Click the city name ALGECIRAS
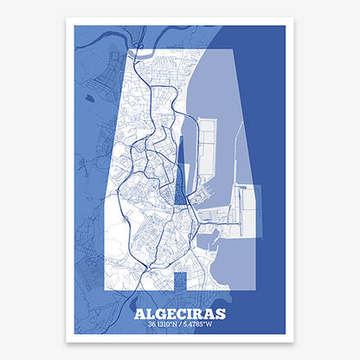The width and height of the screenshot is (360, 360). pos(179,313)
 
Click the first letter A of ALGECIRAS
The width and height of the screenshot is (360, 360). pos(141,313)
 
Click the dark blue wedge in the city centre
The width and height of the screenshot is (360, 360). pos(180,182)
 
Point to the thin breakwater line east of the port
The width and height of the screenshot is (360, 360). pos(235,147)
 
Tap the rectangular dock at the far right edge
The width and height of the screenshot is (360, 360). pos(249,210)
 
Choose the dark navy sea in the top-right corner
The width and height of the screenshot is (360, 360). pos(260,43)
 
